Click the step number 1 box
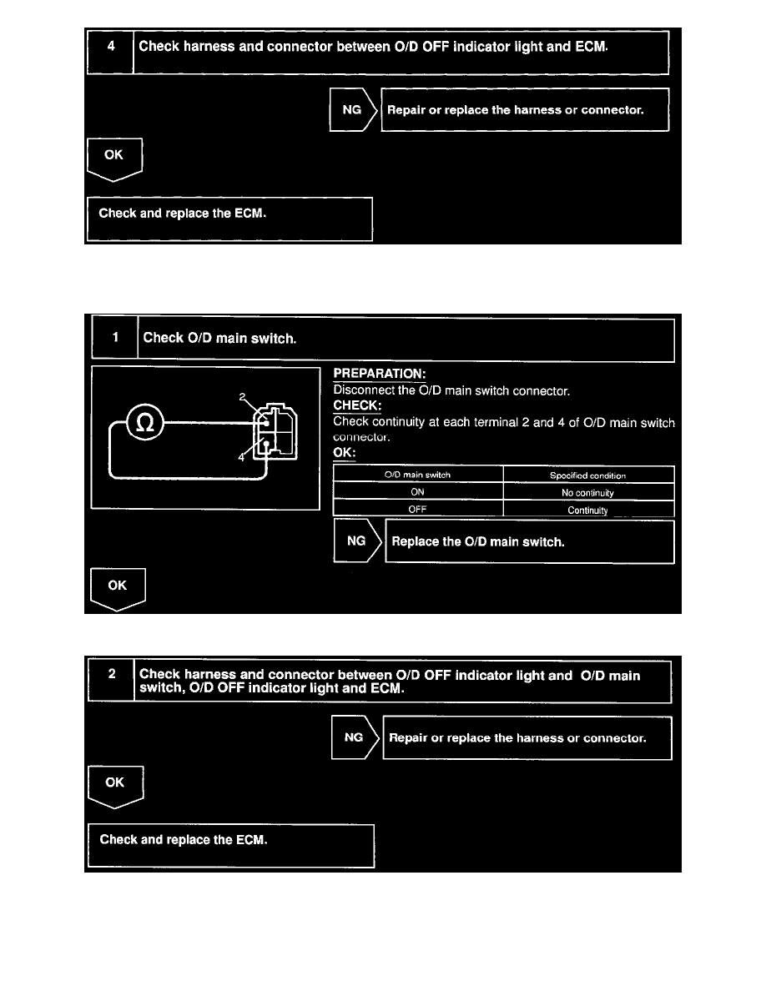click(x=115, y=338)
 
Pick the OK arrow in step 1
click(x=118, y=587)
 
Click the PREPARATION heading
click(x=379, y=375)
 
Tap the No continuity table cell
click(x=588, y=492)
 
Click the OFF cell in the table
click(x=418, y=510)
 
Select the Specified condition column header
click(x=588, y=475)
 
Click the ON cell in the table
click(x=418, y=492)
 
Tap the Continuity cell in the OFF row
click(x=588, y=510)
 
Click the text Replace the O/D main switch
click(x=478, y=541)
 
